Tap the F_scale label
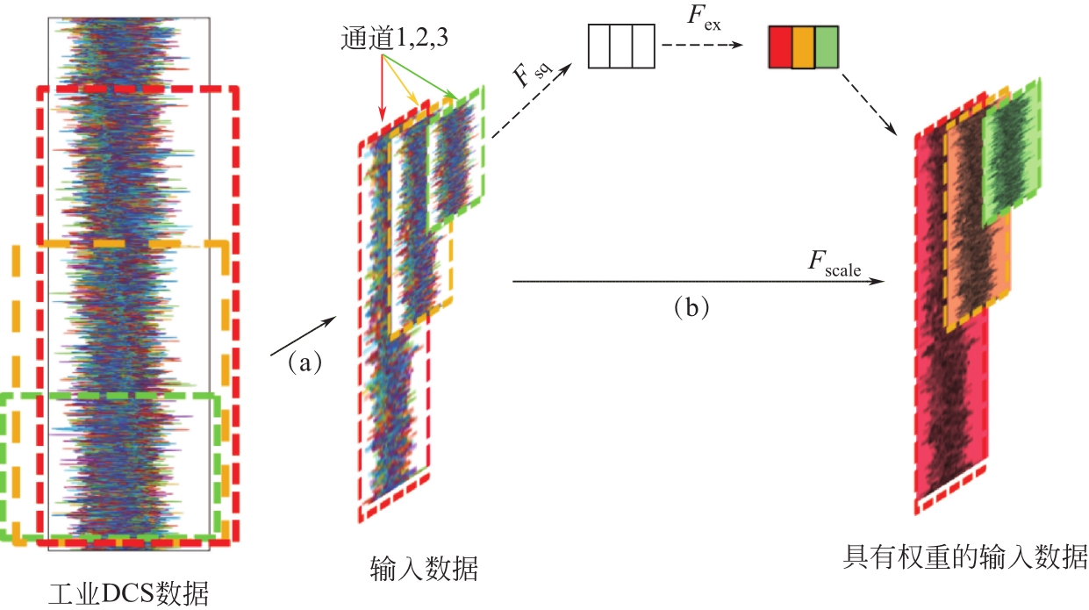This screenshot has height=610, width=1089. click(x=834, y=264)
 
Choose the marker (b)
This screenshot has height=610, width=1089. click(x=689, y=307)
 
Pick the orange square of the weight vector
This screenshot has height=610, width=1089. click(x=803, y=47)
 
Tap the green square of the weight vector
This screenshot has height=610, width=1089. click(x=827, y=47)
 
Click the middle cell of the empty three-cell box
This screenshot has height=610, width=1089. click(x=622, y=47)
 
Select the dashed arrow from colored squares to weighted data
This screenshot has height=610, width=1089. click(x=869, y=104)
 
